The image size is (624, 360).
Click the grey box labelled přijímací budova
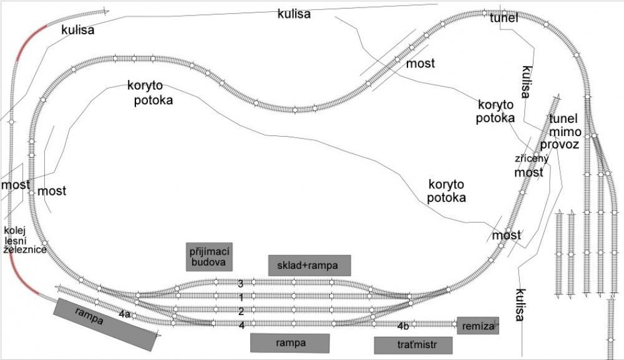coord(209,257)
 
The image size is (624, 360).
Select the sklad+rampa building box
coord(310,265)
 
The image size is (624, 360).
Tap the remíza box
coord(478,326)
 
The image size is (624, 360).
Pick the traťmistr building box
coord(413,345)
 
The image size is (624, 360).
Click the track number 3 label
coord(241,284)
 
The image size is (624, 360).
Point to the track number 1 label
coord(241,297)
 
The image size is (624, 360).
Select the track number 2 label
coord(241,311)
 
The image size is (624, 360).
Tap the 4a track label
coord(125,314)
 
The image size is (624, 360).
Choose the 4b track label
coord(403,326)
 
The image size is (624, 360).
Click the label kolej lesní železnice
coord(25,240)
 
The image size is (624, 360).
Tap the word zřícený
coord(532,158)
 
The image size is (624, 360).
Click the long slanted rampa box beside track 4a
coord(105,324)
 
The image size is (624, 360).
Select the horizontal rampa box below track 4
coord(290,343)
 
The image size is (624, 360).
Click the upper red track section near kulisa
coord(29,41)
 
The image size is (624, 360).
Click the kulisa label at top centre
coord(294,14)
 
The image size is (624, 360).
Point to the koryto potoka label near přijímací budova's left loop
coord(150,92)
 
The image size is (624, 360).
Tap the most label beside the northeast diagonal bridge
coord(420,63)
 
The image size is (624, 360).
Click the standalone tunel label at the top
coord(504,17)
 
